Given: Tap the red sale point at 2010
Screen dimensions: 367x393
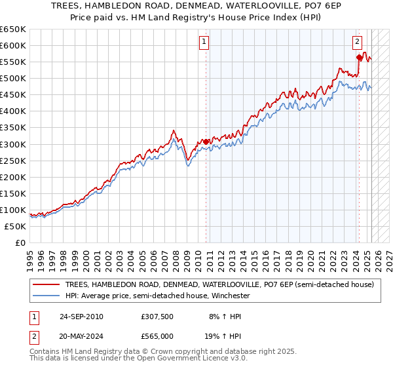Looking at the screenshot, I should [x=206, y=142].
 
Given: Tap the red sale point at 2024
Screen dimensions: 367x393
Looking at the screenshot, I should [x=359, y=57].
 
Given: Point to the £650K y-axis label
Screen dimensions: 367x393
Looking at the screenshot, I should [x=13, y=29].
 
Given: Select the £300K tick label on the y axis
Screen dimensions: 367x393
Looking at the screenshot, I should [x=13, y=144].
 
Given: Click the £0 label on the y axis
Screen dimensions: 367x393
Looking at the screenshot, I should [x=21, y=242].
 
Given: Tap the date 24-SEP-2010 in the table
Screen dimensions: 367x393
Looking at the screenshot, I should [x=81, y=317].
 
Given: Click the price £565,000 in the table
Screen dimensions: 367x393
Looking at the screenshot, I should [x=157, y=336].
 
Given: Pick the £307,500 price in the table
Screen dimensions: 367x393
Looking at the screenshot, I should [x=157, y=317].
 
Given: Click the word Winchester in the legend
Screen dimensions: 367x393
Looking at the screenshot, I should [x=221, y=296].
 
